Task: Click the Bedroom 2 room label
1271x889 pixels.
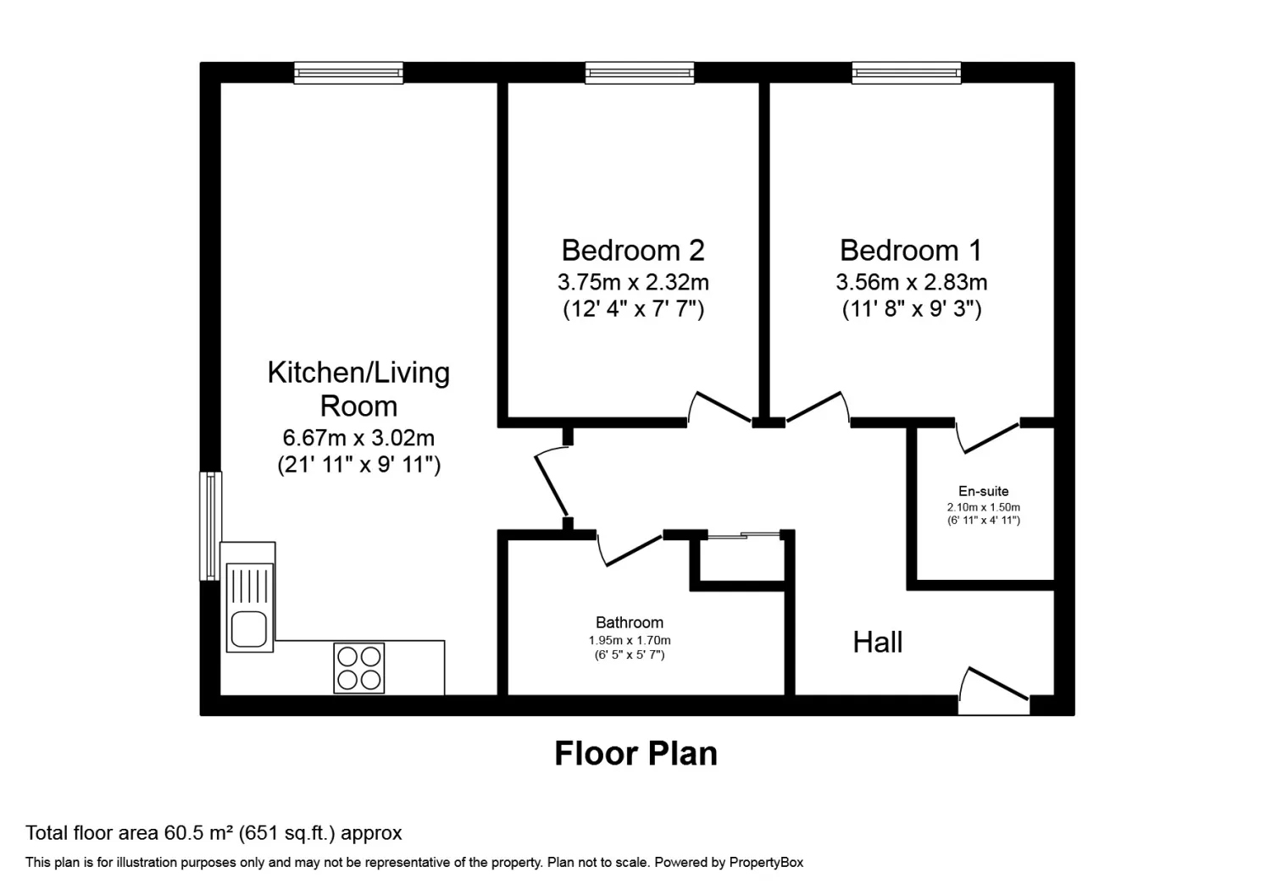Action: (633, 251)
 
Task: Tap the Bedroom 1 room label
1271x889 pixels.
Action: (911, 251)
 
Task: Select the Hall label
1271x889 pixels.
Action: (877, 643)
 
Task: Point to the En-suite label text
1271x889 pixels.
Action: (983, 491)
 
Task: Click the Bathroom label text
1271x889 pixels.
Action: (629, 622)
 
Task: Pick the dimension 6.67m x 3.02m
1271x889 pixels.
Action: (358, 438)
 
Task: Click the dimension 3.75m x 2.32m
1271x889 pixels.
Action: (633, 282)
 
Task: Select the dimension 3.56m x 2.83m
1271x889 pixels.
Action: (911, 282)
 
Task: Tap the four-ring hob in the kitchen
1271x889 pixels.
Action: (359, 668)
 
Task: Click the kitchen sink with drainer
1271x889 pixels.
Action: (249, 608)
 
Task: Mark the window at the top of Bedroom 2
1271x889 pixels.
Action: (640, 74)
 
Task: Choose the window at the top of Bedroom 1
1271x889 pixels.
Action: (907, 74)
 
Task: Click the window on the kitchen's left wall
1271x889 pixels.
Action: (210, 526)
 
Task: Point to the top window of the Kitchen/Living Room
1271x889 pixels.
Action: (348, 74)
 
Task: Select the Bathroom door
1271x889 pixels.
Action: (630, 549)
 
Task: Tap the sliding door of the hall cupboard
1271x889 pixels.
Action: (744, 535)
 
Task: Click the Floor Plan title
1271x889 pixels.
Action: (635, 754)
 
